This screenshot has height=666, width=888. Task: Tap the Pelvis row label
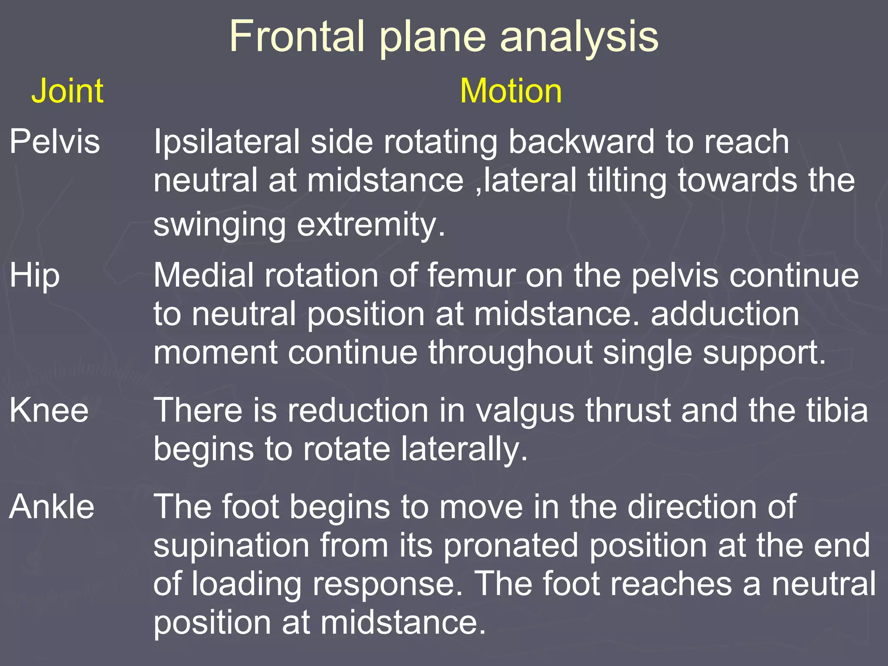[55, 141]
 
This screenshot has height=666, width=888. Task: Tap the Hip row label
[35, 276]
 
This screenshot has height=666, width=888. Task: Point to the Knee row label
[49, 410]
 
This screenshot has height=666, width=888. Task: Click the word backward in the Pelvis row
[581, 141]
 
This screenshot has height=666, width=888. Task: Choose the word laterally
[464, 449]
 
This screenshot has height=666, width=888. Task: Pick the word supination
[232, 545]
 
